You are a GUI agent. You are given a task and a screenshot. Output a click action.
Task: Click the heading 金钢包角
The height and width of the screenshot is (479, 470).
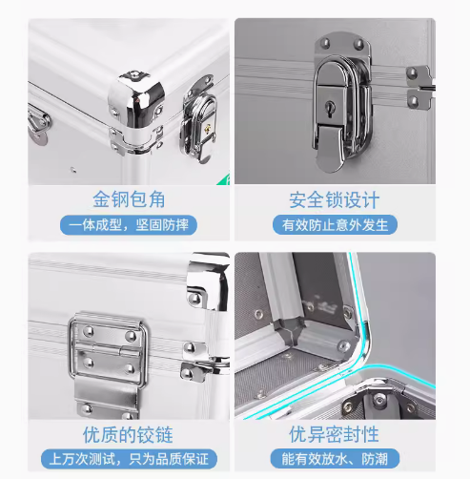click(x=129, y=199)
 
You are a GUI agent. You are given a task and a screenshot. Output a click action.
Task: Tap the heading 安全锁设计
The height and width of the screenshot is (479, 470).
click(x=335, y=200)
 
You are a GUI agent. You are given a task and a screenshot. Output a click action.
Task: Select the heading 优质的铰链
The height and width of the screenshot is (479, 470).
click(x=128, y=435)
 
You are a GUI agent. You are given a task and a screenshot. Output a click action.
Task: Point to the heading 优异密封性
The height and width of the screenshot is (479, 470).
click(x=334, y=434)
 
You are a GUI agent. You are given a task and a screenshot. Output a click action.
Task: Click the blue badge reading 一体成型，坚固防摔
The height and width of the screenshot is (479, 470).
click(x=129, y=225)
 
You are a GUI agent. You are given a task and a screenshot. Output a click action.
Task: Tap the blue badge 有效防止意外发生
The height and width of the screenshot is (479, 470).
click(x=335, y=225)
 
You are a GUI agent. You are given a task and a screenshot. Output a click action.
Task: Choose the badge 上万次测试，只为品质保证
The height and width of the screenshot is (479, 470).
click(x=129, y=459)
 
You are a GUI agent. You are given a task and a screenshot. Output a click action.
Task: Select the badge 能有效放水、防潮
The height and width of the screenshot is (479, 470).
click(x=335, y=459)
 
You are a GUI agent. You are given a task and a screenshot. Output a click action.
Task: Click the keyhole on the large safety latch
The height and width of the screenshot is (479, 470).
click(x=330, y=105)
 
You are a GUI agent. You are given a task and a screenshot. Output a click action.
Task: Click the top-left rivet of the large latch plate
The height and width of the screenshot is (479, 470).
click(x=325, y=43)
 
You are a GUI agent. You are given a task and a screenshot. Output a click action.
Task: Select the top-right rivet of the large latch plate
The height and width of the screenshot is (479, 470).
click(x=359, y=43)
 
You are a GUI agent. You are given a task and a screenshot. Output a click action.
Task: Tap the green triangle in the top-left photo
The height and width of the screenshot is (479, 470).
click(x=224, y=179)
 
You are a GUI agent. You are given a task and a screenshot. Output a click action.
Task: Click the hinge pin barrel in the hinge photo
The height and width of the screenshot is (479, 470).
click(x=107, y=349)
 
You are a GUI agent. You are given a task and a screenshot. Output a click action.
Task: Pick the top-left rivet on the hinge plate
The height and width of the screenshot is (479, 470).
click(x=89, y=331)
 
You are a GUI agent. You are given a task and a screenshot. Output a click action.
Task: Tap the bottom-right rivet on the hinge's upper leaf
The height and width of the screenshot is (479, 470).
click(x=131, y=336)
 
